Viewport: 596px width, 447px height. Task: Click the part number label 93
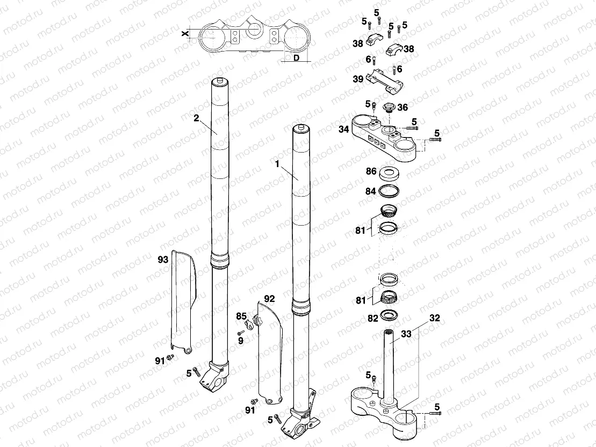(162, 259)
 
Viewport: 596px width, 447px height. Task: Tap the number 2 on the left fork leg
(196, 118)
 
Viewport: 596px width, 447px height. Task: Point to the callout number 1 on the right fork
(277, 165)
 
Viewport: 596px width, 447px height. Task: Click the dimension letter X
(185, 33)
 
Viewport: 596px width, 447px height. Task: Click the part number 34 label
(344, 129)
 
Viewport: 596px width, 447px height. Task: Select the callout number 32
(435, 318)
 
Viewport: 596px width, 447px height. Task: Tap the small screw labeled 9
(240, 334)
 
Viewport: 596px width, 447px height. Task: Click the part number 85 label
(241, 316)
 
